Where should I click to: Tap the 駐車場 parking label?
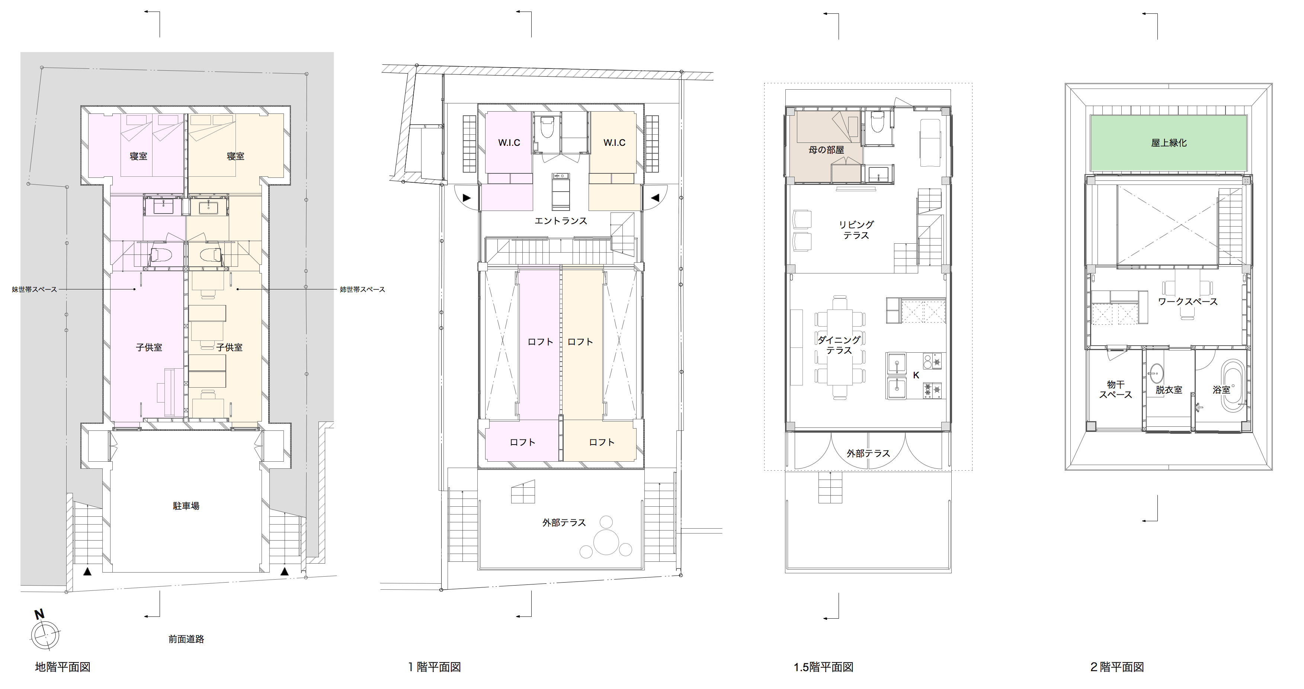tap(186, 506)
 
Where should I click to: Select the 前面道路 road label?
tap(186, 639)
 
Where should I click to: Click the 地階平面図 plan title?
tap(63, 667)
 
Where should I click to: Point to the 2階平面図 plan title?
tap(1117, 667)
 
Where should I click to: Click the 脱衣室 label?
tap(1169, 390)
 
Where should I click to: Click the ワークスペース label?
tap(1188, 302)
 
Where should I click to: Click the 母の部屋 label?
tap(826, 150)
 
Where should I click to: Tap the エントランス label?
tap(561, 221)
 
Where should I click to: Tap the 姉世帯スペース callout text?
tap(362, 289)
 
